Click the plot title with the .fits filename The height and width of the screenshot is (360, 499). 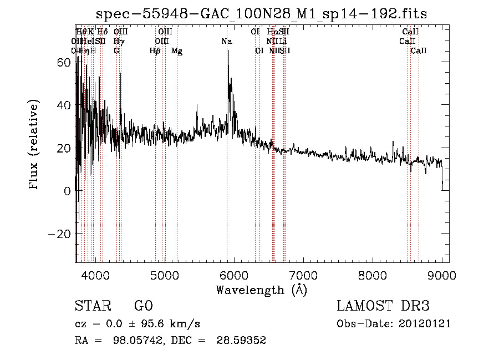[262, 14]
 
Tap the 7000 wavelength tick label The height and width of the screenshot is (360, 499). [303, 276]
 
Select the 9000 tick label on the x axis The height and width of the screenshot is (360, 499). [442, 276]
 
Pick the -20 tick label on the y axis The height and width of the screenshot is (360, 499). [60, 234]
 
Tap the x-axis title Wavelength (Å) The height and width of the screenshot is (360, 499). [261, 290]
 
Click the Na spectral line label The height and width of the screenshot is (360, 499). [227, 42]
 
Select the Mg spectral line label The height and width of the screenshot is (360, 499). [177, 51]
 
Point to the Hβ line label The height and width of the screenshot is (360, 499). [155, 51]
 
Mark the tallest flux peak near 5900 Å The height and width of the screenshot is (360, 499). [228, 51]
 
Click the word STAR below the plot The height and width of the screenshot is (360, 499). [90, 306]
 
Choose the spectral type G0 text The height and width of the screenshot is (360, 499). [143, 306]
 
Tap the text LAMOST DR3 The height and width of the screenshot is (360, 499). [383, 306]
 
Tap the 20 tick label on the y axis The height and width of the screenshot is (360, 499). [65, 148]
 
